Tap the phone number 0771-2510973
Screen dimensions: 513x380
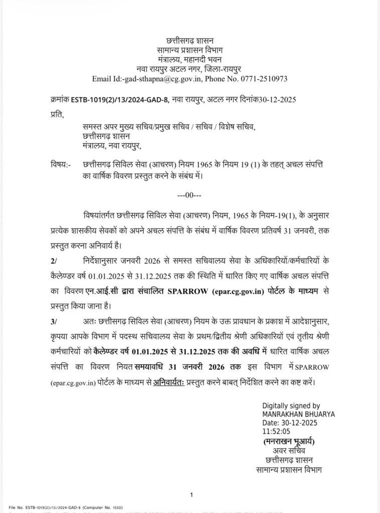[x=266, y=79]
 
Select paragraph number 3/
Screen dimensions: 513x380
[x=54, y=321]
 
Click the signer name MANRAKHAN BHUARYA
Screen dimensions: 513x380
[x=298, y=414]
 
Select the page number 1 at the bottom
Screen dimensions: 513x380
[x=192, y=495]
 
